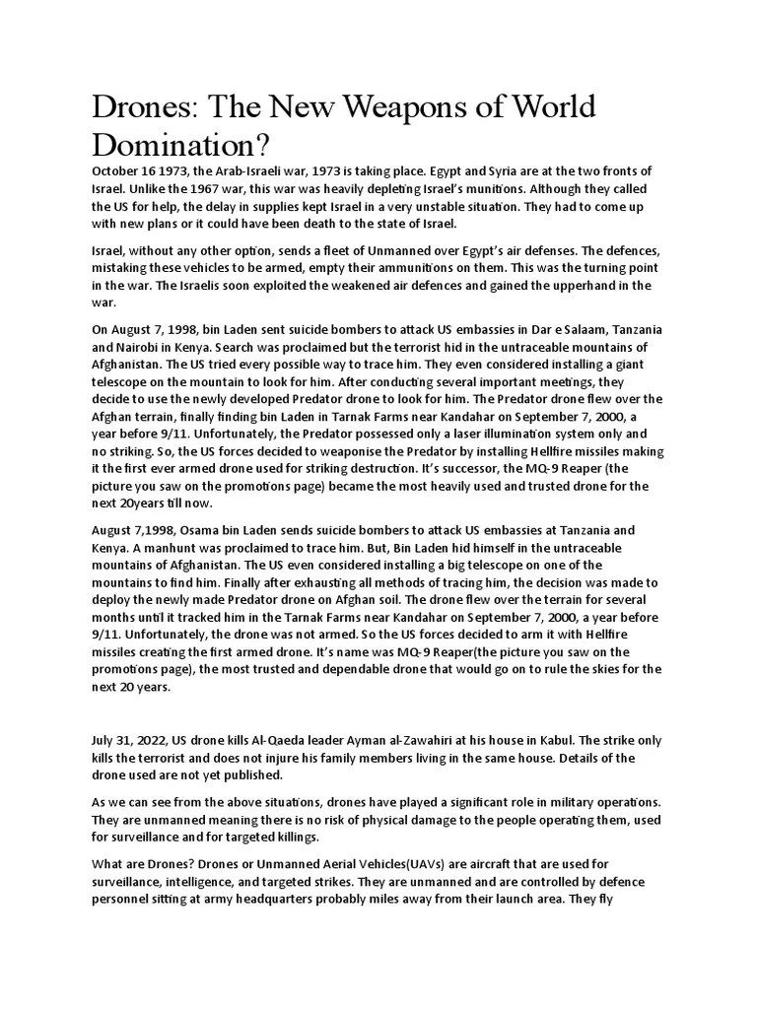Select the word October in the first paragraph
[120, 171]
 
